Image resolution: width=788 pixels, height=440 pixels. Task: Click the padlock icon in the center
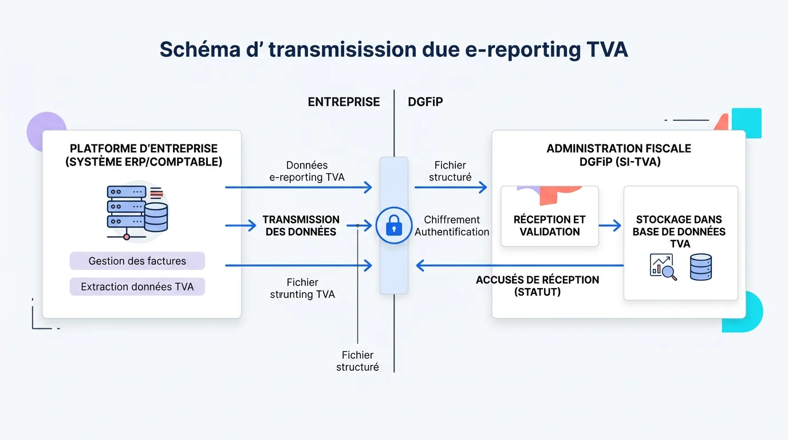[393, 226]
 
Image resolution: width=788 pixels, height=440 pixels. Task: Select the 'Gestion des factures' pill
[137, 261]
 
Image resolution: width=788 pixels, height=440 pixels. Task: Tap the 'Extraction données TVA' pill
[137, 287]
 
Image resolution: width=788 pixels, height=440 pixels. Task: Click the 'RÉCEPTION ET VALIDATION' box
[550, 225]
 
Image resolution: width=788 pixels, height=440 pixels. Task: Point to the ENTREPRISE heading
[344, 102]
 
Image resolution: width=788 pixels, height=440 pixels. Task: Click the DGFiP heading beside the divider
[425, 102]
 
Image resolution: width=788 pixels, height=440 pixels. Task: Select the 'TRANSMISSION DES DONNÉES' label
[301, 226]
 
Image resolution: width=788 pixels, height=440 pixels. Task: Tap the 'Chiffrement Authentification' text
[452, 226]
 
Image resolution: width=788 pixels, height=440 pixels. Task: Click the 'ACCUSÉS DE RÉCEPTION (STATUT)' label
[537, 286]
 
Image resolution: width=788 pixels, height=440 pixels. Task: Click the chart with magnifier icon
[663, 267]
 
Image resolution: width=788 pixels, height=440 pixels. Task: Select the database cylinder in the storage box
[700, 267]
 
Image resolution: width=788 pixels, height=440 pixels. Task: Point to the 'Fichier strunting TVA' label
[302, 288]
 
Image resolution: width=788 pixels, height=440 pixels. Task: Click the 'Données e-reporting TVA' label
[307, 171]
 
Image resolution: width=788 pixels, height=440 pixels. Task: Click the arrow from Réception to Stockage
[610, 226]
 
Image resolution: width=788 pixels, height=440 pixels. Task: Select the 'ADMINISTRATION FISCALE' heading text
[618, 149]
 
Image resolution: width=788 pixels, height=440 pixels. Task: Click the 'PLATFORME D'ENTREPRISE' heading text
[144, 149]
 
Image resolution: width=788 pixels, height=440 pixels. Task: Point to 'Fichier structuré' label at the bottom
[357, 361]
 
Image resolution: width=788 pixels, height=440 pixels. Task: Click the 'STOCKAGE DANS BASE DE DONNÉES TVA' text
[679, 231]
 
